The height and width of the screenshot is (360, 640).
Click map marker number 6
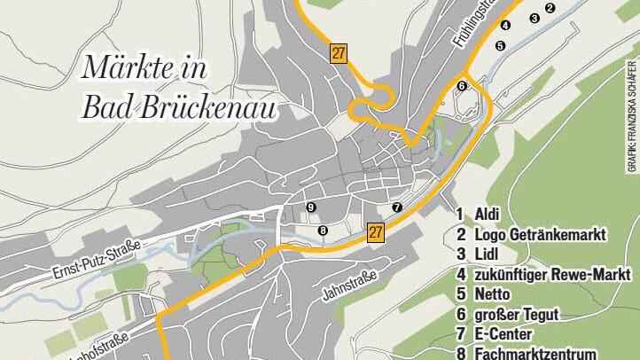pos(462,85)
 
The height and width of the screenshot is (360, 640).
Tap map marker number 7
pos(396,207)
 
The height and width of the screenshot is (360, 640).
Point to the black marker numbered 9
pos(310,207)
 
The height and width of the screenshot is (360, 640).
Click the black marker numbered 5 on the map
pos(500,45)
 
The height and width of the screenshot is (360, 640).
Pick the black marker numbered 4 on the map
pos(505,25)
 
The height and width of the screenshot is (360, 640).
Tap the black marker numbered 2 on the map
pos(550,8)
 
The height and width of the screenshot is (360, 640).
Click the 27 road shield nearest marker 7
pos(376,233)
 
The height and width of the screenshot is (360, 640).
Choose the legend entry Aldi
pos(487,214)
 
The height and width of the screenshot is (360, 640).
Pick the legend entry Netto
pos(492,294)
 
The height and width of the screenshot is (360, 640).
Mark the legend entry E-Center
pos(503,334)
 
